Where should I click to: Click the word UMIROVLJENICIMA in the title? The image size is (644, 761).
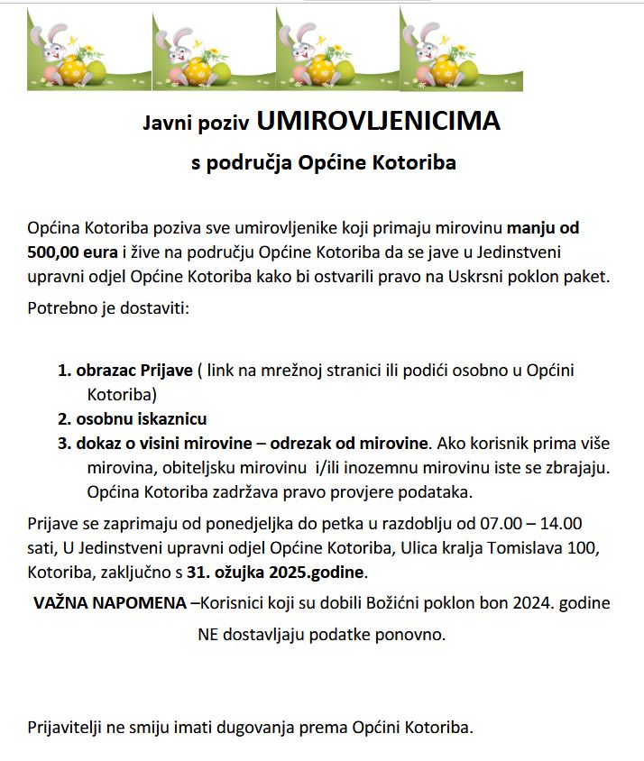pos(378,121)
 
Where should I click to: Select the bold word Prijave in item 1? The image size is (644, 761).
pos(164,371)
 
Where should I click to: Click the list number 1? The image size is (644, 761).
pos(64,371)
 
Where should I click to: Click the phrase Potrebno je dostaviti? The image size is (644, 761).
pos(107,308)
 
